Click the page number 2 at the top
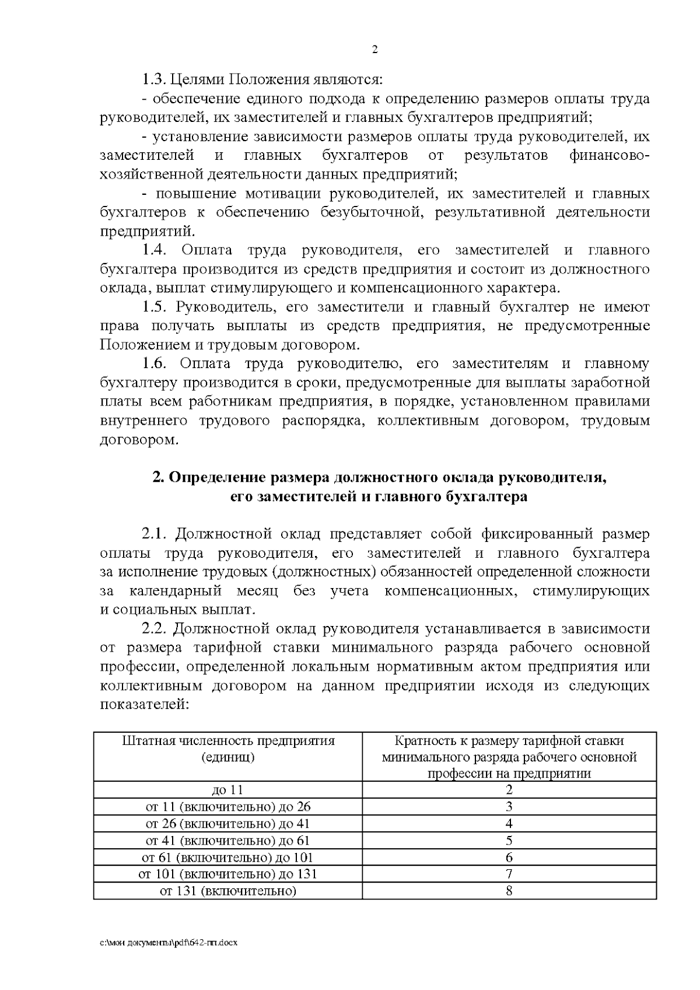point(374,50)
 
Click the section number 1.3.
point(155,79)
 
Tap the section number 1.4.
point(155,250)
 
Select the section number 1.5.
point(155,307)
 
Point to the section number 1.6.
point(155,363)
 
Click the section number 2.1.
point(155,534)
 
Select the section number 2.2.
point(155,628)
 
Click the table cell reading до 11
point(228,790)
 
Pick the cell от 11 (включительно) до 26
point(228,807)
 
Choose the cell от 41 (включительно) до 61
point(228,841)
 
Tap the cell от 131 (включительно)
point(228,891)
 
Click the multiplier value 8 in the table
point(509,891)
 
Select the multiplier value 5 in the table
point(509,841)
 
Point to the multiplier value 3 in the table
point(509,807)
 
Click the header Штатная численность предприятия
point(228,741)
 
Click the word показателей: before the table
point(145,704)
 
